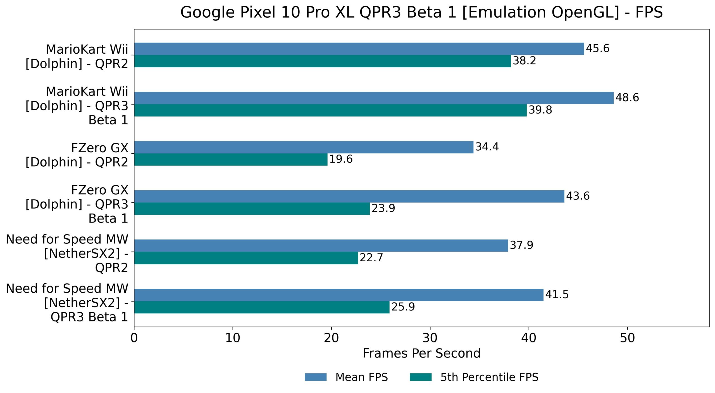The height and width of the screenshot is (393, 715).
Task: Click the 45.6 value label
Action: [597, 49]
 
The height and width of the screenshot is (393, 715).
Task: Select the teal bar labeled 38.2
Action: [322, 61]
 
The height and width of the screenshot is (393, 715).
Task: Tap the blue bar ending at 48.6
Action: [374, 98]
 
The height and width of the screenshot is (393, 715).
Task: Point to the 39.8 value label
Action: [540, 110]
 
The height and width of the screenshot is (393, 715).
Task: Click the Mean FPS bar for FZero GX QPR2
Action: [304, 147]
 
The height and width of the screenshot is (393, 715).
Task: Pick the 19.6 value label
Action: [341, 159]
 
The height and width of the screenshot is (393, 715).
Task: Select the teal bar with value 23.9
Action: [252, 209]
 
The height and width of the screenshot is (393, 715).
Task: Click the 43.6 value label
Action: [578, 196]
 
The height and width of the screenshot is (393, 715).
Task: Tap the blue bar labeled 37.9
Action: [321, 245]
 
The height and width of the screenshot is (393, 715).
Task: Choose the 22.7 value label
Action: [371, 258]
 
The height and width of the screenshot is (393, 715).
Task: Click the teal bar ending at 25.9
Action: [262, 307]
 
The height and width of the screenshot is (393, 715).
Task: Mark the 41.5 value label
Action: [557, 295]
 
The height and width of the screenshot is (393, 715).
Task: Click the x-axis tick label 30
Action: [430, 338]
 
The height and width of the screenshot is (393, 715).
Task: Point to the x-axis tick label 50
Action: [627, 338]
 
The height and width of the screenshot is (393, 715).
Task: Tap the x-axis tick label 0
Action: [134, 338]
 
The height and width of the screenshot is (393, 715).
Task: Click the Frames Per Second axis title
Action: [421, 353]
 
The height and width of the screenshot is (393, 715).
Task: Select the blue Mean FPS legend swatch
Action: [315, 377]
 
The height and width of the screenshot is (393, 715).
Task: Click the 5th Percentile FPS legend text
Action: [489, 377]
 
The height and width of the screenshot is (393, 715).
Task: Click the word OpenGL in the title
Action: [585, 13]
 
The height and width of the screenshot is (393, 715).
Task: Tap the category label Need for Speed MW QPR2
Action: [67, 254]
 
